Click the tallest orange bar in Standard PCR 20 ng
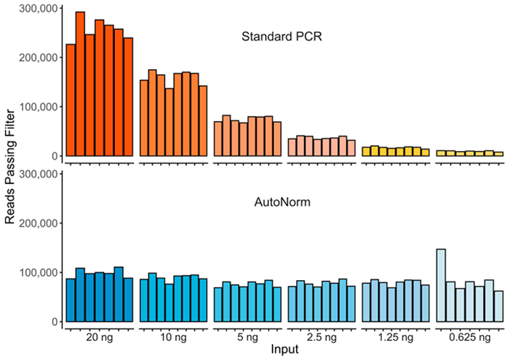pyautogui.click(x=81, y=84)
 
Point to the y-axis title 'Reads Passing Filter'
pyautogui.click(x=10, y=167)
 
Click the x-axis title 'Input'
pyautogui.click(x=282, y=350)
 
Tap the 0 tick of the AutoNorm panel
pyautogui.click(x=53, y=322)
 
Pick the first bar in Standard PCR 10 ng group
pyautogui.click(x=144, y=118)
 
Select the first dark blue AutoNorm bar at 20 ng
pyautogui.click(x=71, y=300)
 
